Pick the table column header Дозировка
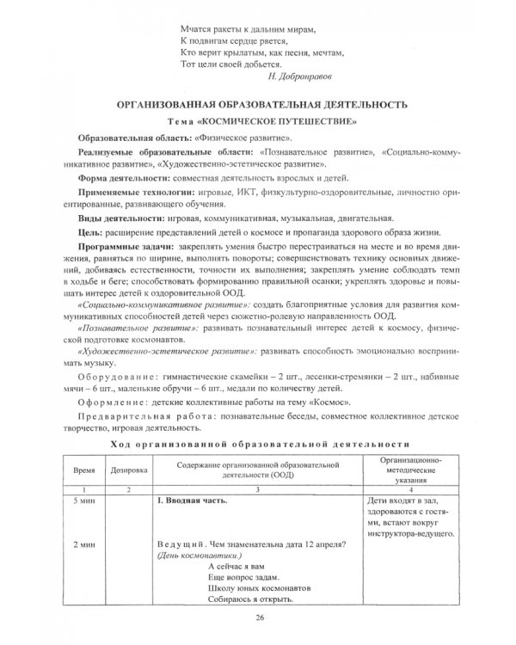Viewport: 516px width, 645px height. pyautogui.click(x=128, y=471)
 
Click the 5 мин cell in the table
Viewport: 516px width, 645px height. pyautogui.click(x=84, y=500)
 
